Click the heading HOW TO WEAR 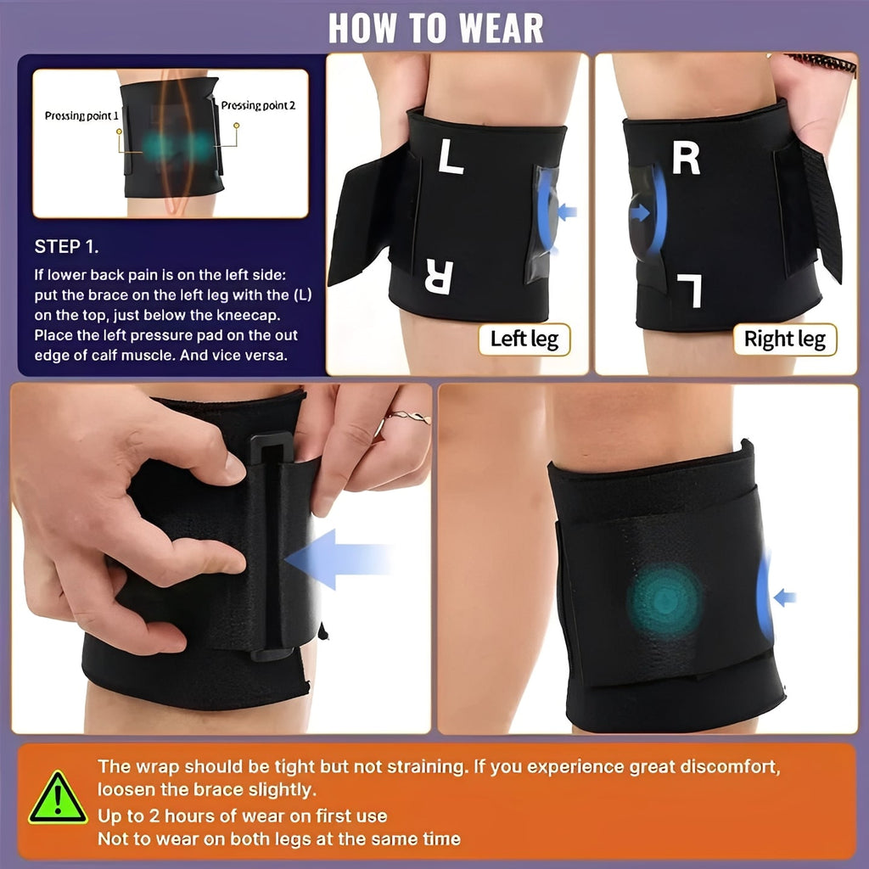coord(434,27)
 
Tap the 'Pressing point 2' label coord(258,106)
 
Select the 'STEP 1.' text coord(66,247)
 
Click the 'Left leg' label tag coord(524,339)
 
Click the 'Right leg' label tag coord(784,339)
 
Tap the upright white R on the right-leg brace coord(686,157)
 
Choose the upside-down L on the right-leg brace coord(689,289)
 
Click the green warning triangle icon coord(58,799)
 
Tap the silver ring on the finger coord(408,418)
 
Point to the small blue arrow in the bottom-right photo coord(785,597)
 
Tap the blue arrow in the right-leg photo coord(636,212)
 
